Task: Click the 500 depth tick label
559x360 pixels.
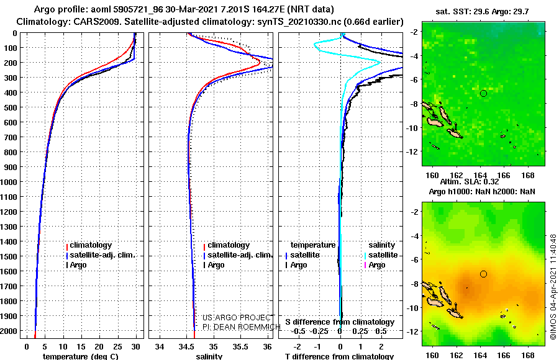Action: [9, 107]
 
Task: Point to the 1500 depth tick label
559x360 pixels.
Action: [9, 256]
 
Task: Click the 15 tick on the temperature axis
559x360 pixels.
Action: [81, 347]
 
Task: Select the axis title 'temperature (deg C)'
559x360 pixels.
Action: [80, 356]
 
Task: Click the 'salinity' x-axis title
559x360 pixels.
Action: [209, 356]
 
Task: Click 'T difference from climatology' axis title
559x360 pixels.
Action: [339, 356]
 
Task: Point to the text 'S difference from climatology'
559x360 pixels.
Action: [340, 322]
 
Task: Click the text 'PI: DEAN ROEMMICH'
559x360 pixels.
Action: [242, 327]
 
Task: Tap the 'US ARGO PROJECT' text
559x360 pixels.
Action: [237, 317]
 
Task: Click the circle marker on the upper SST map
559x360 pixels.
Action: [483, 93]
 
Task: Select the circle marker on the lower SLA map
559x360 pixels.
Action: [483, 274]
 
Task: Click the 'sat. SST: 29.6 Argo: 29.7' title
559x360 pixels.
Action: [482, 11]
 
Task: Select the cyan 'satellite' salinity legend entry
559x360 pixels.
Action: [381, 255]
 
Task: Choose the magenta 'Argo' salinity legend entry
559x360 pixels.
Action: [375, 265]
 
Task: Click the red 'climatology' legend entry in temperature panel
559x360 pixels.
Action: [89, 245]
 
